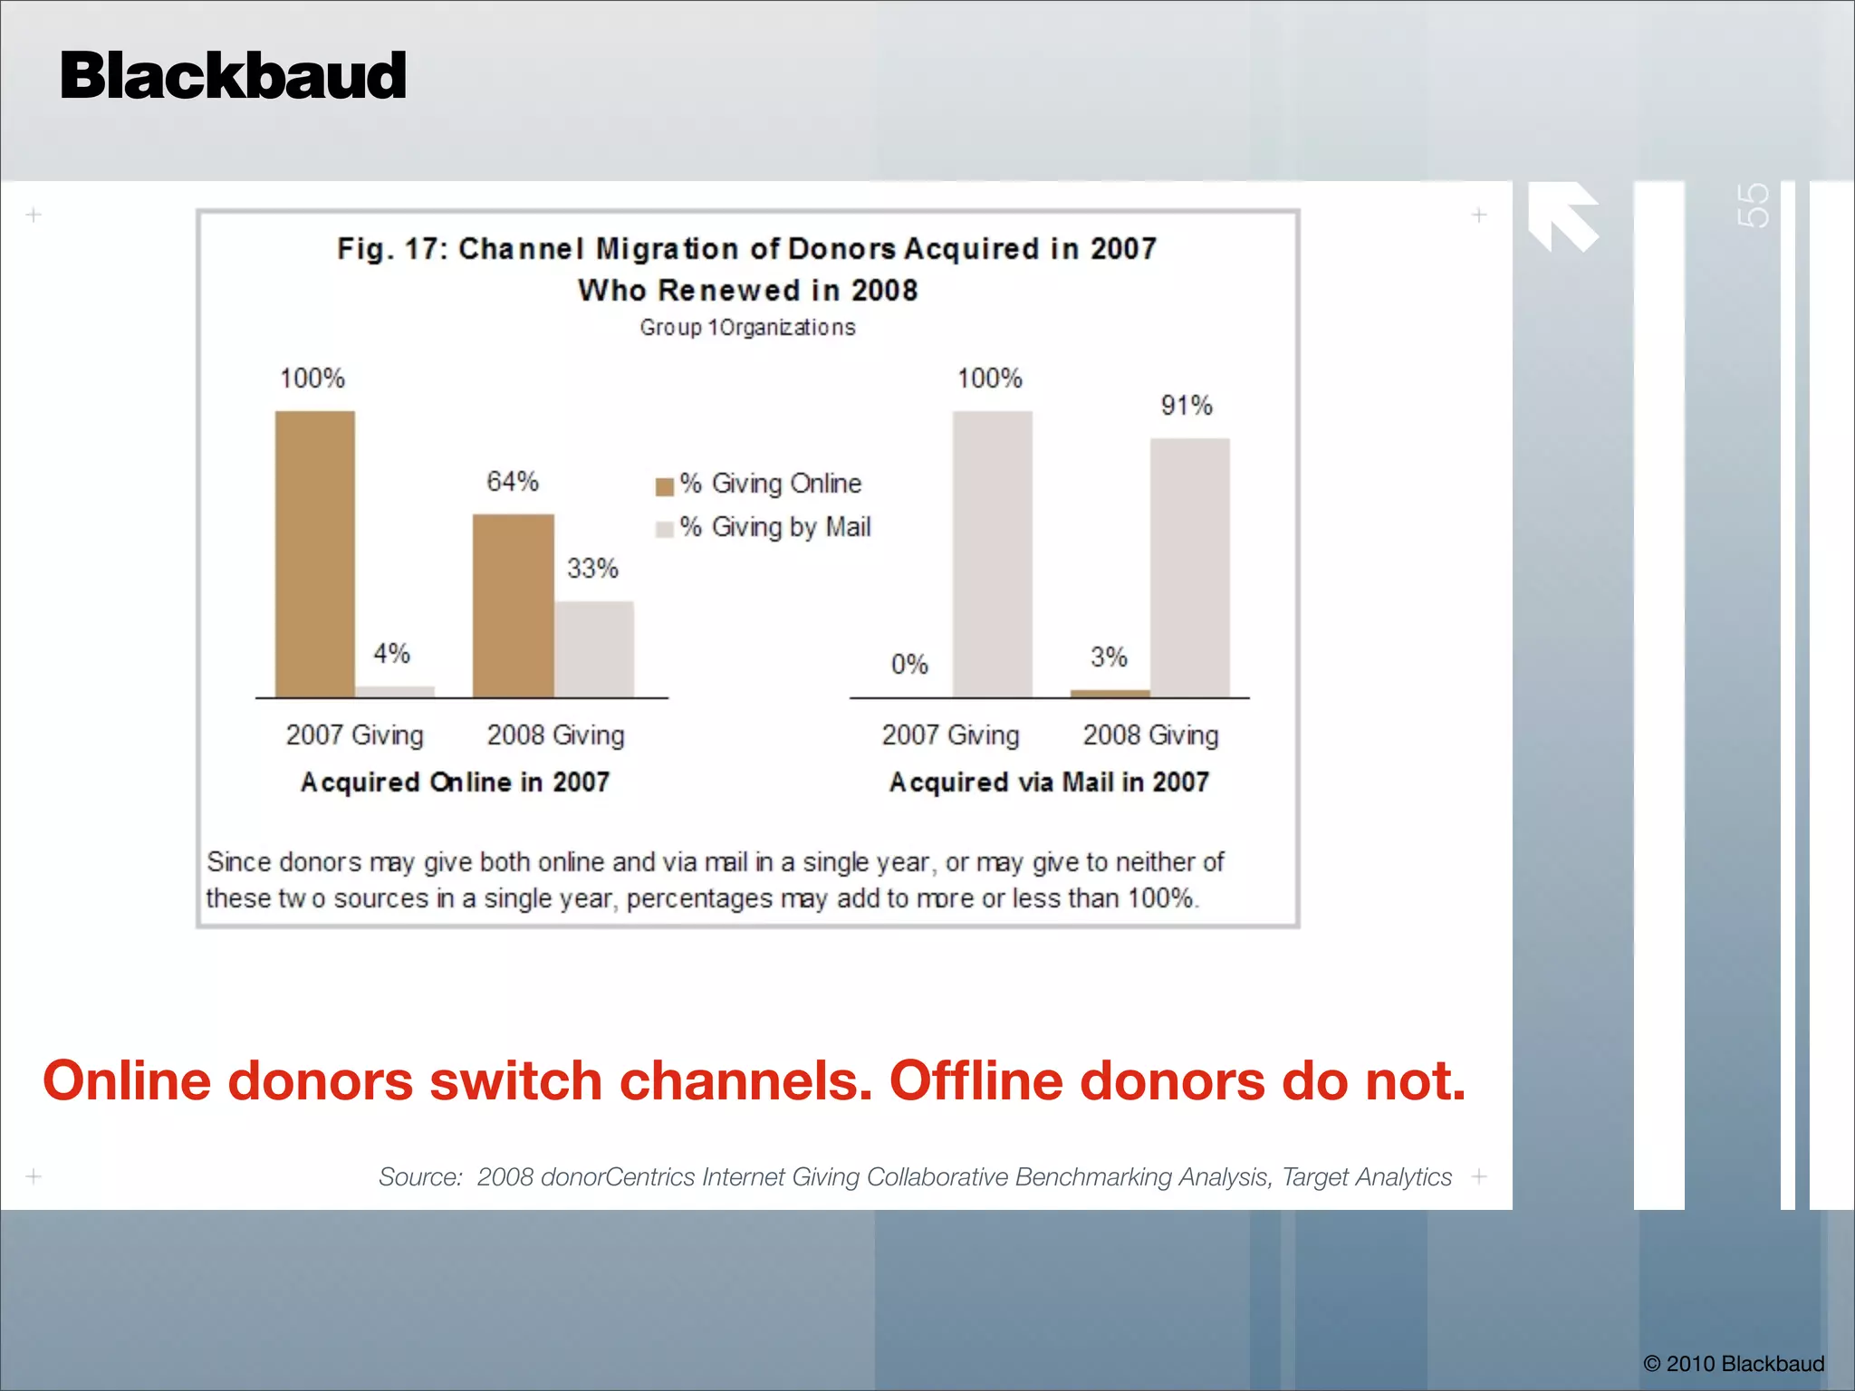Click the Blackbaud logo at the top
pyautogui.click(x=233, y=76)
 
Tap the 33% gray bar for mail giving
pyautogui.click(x=594, y=648)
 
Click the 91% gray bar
pyautogui.click(x=1189, y=567)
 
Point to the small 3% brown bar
pyautogui.click(x=1110, y=693)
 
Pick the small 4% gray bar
pyautogui.click(x=395, y=691)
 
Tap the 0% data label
pyautogui.click(x=909, y=665)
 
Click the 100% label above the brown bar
pyautogui.click(x=312, y=379)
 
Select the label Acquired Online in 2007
pyautogui.click(x=455, y=782)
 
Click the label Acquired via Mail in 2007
pyautogui.click(x=1049, y=782)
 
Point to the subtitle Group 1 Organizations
pyautogui.click(x=747, y=328)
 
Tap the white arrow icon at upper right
pyautogui.click(x=1562, y=216)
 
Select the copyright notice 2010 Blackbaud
pyautogui.click(x=1733, y=1364)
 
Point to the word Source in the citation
pyautogui.click(x=419, y=1177)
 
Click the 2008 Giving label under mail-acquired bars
pyautogui.click(x=1150, y=735)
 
